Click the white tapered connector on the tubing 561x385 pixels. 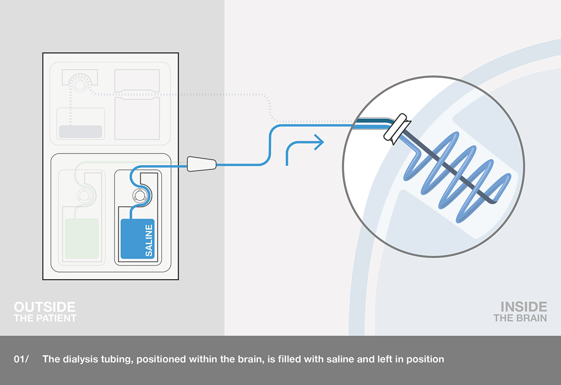201,164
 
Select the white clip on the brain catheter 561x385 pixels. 396,128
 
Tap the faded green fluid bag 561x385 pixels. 82,238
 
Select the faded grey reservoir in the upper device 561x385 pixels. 80,131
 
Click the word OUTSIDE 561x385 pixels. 44,307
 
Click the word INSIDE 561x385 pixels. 524,307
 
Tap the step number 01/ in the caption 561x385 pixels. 22,360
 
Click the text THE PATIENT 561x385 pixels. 45,318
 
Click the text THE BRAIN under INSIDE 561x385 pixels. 520,318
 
